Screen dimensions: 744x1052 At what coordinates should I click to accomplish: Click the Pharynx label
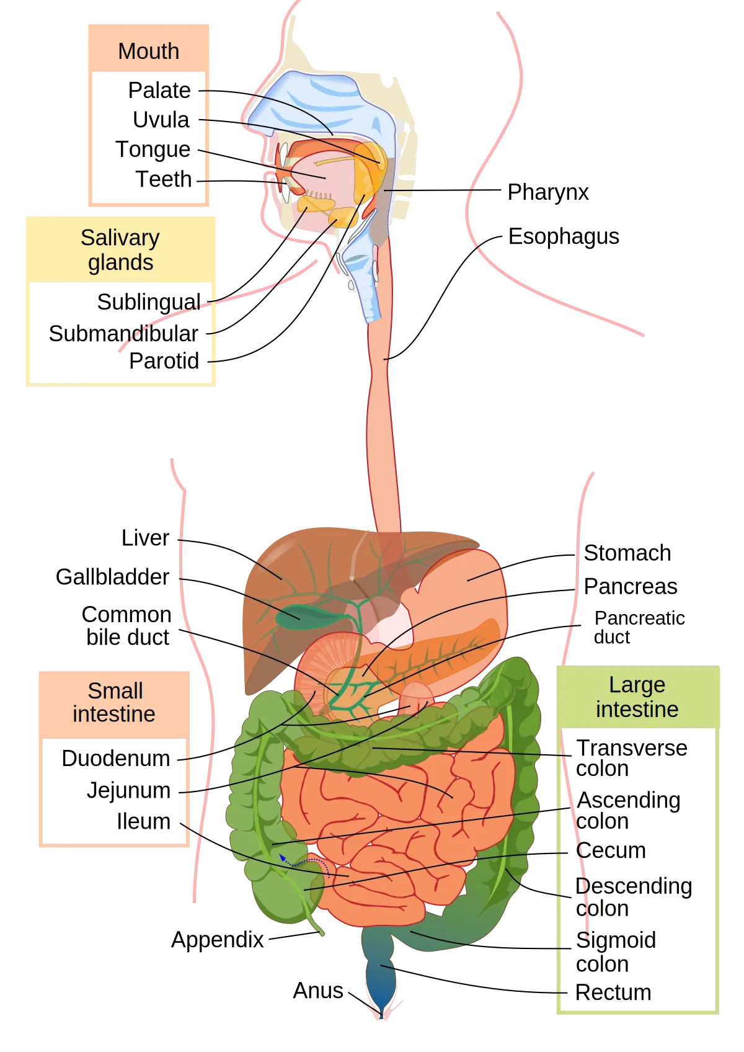click(548, 192)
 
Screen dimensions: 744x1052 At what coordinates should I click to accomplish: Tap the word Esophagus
click(564, 237)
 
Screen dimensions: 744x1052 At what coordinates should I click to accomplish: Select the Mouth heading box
click(149, 49)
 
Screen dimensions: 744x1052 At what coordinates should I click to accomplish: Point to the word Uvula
click(161, 120)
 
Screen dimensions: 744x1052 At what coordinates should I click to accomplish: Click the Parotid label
click(164, 361)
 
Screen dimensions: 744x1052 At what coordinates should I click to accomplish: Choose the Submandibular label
click(123, 334)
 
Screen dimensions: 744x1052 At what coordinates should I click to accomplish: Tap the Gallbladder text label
click(112, 577)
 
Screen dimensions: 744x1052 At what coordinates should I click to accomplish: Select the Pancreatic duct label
click(639, 628)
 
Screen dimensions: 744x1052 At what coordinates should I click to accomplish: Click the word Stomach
click(627, 553)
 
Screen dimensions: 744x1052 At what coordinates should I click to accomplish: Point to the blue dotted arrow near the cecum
click(304, 862)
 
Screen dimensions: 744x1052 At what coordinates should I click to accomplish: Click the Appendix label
click(218, 940)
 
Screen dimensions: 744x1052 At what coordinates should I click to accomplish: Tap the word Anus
click(318, 991)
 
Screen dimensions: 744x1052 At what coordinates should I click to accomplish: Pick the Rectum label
click(613, 993)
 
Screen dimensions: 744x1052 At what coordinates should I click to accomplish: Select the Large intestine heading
click(637, 697)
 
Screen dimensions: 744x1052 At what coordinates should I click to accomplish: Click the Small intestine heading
click(114, 703)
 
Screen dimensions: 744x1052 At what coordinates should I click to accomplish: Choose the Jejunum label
click(128, 791)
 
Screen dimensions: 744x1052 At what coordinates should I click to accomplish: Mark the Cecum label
click(611, 850)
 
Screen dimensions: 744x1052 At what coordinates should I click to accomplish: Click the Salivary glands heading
click(121, 250)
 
